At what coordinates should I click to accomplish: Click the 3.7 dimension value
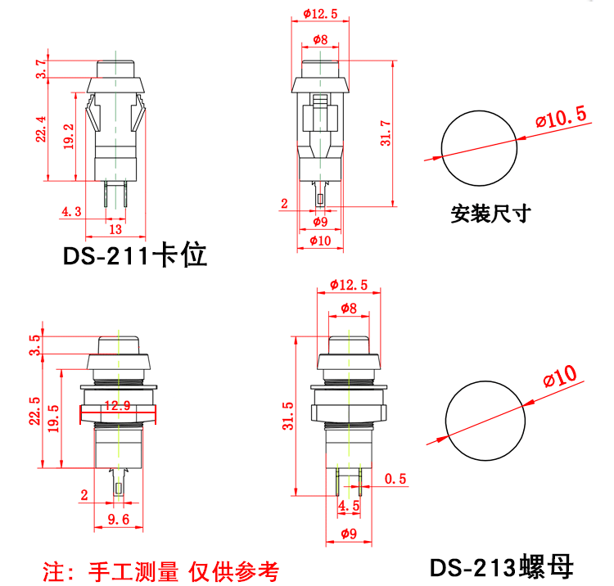pyautogui.click(x=41, y=69)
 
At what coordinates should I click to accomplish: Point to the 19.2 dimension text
pyautogui.click(x=70, y=135)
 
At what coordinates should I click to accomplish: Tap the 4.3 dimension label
pyautogui.click(x=71, y=212)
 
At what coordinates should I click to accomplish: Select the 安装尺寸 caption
pyautogui.click(x=491, y=214)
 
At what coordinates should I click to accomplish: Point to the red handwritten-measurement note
pyautogui.click(x=160, y=570)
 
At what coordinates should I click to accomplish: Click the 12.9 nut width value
pyautogui.click(x=118, y=405)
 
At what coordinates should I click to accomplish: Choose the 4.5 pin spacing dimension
pyautogui.click(x=349, y=506)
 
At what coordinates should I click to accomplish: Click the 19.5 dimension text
pyautogui.click(x=54, y=419)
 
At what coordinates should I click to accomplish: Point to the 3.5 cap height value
pyautogui.click(x=34, y=344)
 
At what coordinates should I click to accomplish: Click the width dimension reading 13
pyautogui.click(x=116, y=230)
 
